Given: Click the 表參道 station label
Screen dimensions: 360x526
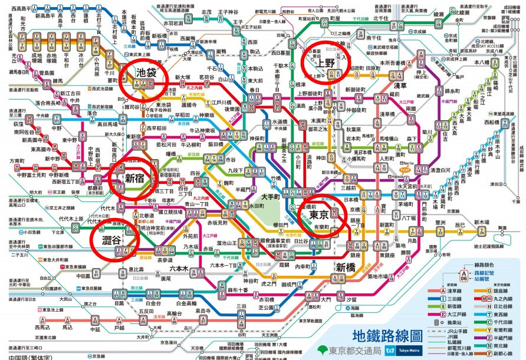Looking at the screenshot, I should click(x=165, y=259).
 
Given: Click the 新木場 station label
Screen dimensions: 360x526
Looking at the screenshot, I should click(x=481, y=222).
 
